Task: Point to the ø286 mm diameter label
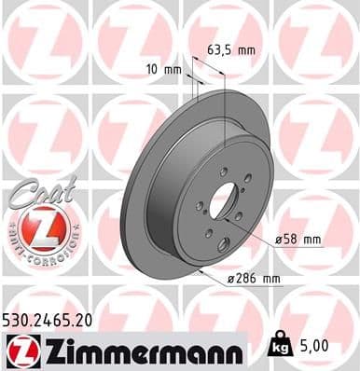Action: (x=254, y=278)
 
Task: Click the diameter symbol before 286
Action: (x=233, y=278)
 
